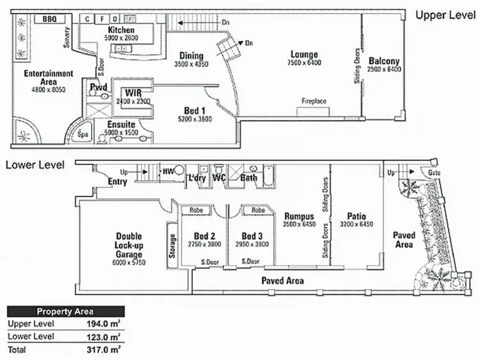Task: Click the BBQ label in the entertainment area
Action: (x=49, y=20)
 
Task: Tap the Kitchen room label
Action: (x=121, y=30)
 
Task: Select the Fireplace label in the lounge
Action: (x=315, y=102)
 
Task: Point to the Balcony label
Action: (x=384, y=61)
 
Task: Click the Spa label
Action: (x=82, y=134)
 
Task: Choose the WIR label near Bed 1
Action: (x=133, y=93)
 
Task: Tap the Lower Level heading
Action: (x=35, y=165)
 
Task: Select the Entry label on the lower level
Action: (x=118, y=182)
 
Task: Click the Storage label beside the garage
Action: (x=172, y=242)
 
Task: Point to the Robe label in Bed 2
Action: (x=197, y=210)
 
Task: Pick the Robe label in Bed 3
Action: (x=258, y=210)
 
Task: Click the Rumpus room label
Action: (x=300, y=216)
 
